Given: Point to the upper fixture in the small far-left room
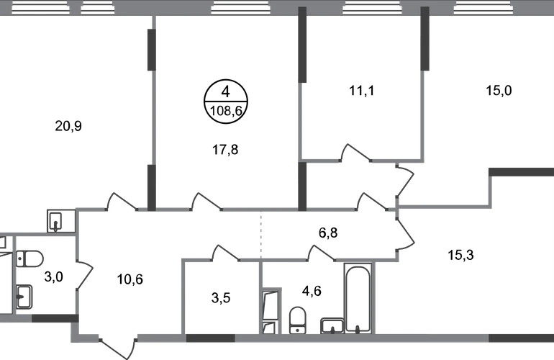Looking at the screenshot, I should coord(30,258).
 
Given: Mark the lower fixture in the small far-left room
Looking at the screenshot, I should coord(24,296).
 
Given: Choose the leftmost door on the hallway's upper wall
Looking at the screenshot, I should coord(122,202).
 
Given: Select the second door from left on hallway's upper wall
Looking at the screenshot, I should coord(206,202).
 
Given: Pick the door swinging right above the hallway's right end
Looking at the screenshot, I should coord(404,184).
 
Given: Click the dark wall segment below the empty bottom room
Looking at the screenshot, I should coord(211,338).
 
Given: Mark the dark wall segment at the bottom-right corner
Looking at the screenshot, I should coord(521,337).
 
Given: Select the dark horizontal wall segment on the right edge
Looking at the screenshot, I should coord(521,172).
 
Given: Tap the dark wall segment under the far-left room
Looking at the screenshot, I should coord(53,318).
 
